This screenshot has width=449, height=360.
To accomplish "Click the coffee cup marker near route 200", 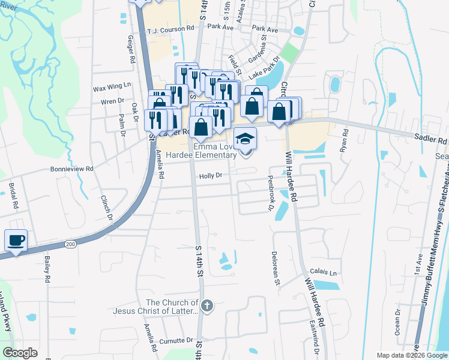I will [x=16, y=240].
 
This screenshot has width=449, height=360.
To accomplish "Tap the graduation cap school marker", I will [x=245, y=139].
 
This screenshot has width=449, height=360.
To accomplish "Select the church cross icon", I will [x=206, y=306].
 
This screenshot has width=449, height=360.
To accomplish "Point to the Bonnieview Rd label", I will [x=71, y=169].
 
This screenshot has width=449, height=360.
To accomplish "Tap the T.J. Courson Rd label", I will [x=171, y=28].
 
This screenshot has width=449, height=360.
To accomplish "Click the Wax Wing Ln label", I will [x=112, y=88].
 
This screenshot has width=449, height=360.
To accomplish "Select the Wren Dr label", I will [x=112, y=101].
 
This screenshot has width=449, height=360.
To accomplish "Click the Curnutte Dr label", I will [x=176, y=340].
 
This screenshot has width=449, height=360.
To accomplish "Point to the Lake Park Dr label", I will [x=264, y=68].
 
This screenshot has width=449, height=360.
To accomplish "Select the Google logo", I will [x=20, y=352].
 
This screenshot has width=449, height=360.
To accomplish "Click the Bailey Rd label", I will [x=47, y=269].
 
